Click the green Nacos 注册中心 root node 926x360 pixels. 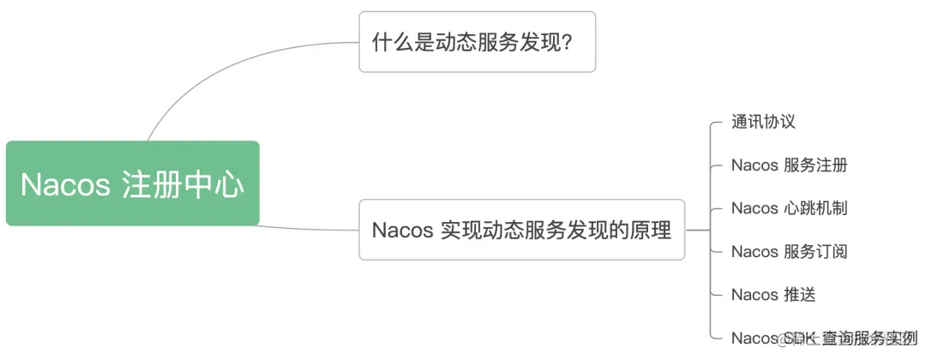(x=132, y=183)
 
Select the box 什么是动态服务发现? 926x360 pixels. (x=477, y=41)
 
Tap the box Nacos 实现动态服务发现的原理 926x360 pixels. (x=521, y=230)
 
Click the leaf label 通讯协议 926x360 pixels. (x=763, y=122)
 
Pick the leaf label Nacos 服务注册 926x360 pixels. (x=789, y=165)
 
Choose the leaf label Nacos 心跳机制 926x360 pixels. (x=789, y=208)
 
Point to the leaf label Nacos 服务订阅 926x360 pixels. (x=789, y=251)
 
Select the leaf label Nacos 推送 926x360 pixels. (x=773, y=295)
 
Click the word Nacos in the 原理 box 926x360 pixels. (x=402, y=231)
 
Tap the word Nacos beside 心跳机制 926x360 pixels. (x=755, y=208)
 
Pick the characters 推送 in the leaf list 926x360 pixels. (x=799, y=295)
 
